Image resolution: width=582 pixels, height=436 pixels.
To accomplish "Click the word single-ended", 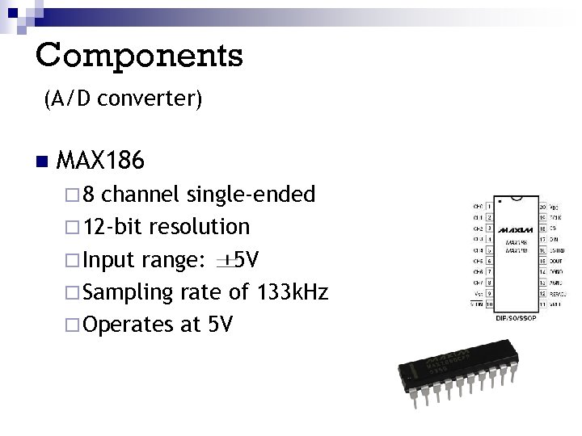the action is point(251,195).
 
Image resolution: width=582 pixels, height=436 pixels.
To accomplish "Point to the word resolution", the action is point(205,226).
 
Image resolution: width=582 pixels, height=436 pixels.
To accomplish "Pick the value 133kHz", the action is point(292,291).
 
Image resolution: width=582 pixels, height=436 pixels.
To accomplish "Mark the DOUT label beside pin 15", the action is point(557,262).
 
